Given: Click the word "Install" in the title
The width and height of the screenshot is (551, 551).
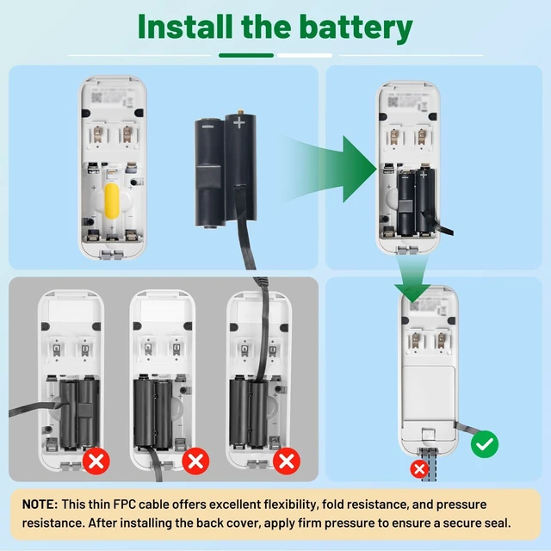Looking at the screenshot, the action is coord(185,27).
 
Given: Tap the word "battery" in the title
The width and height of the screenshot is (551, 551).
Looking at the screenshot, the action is coord(356,28).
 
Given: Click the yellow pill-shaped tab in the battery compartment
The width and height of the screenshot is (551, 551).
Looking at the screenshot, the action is coord(112,201).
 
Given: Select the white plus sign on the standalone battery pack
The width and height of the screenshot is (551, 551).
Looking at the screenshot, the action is coord(239,122).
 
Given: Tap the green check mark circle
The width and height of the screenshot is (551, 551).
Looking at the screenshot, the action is coord(485,444).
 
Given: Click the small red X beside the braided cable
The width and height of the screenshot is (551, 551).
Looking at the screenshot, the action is coord(419,469).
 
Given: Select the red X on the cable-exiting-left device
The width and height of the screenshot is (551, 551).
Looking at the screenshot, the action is coord(96,461).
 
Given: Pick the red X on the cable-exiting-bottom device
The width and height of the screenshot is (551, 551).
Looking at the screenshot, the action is coord(195,461).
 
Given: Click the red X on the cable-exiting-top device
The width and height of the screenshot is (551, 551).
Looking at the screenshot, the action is coord(287,461).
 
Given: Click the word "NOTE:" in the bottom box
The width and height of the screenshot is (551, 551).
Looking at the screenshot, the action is coord(40,505).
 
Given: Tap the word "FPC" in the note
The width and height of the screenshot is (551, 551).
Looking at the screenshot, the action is coord(124,505).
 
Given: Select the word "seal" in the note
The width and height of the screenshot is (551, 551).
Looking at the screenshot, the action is coord(496,523).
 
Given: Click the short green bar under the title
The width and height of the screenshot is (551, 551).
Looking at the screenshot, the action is coord(246,55).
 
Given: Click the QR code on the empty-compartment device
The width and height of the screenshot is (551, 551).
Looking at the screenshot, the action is coord(96,97).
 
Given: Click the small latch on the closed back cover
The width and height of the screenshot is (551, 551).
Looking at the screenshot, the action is coord(429,434).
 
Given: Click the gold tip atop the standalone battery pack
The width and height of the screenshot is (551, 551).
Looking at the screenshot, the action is coord(240,112).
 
